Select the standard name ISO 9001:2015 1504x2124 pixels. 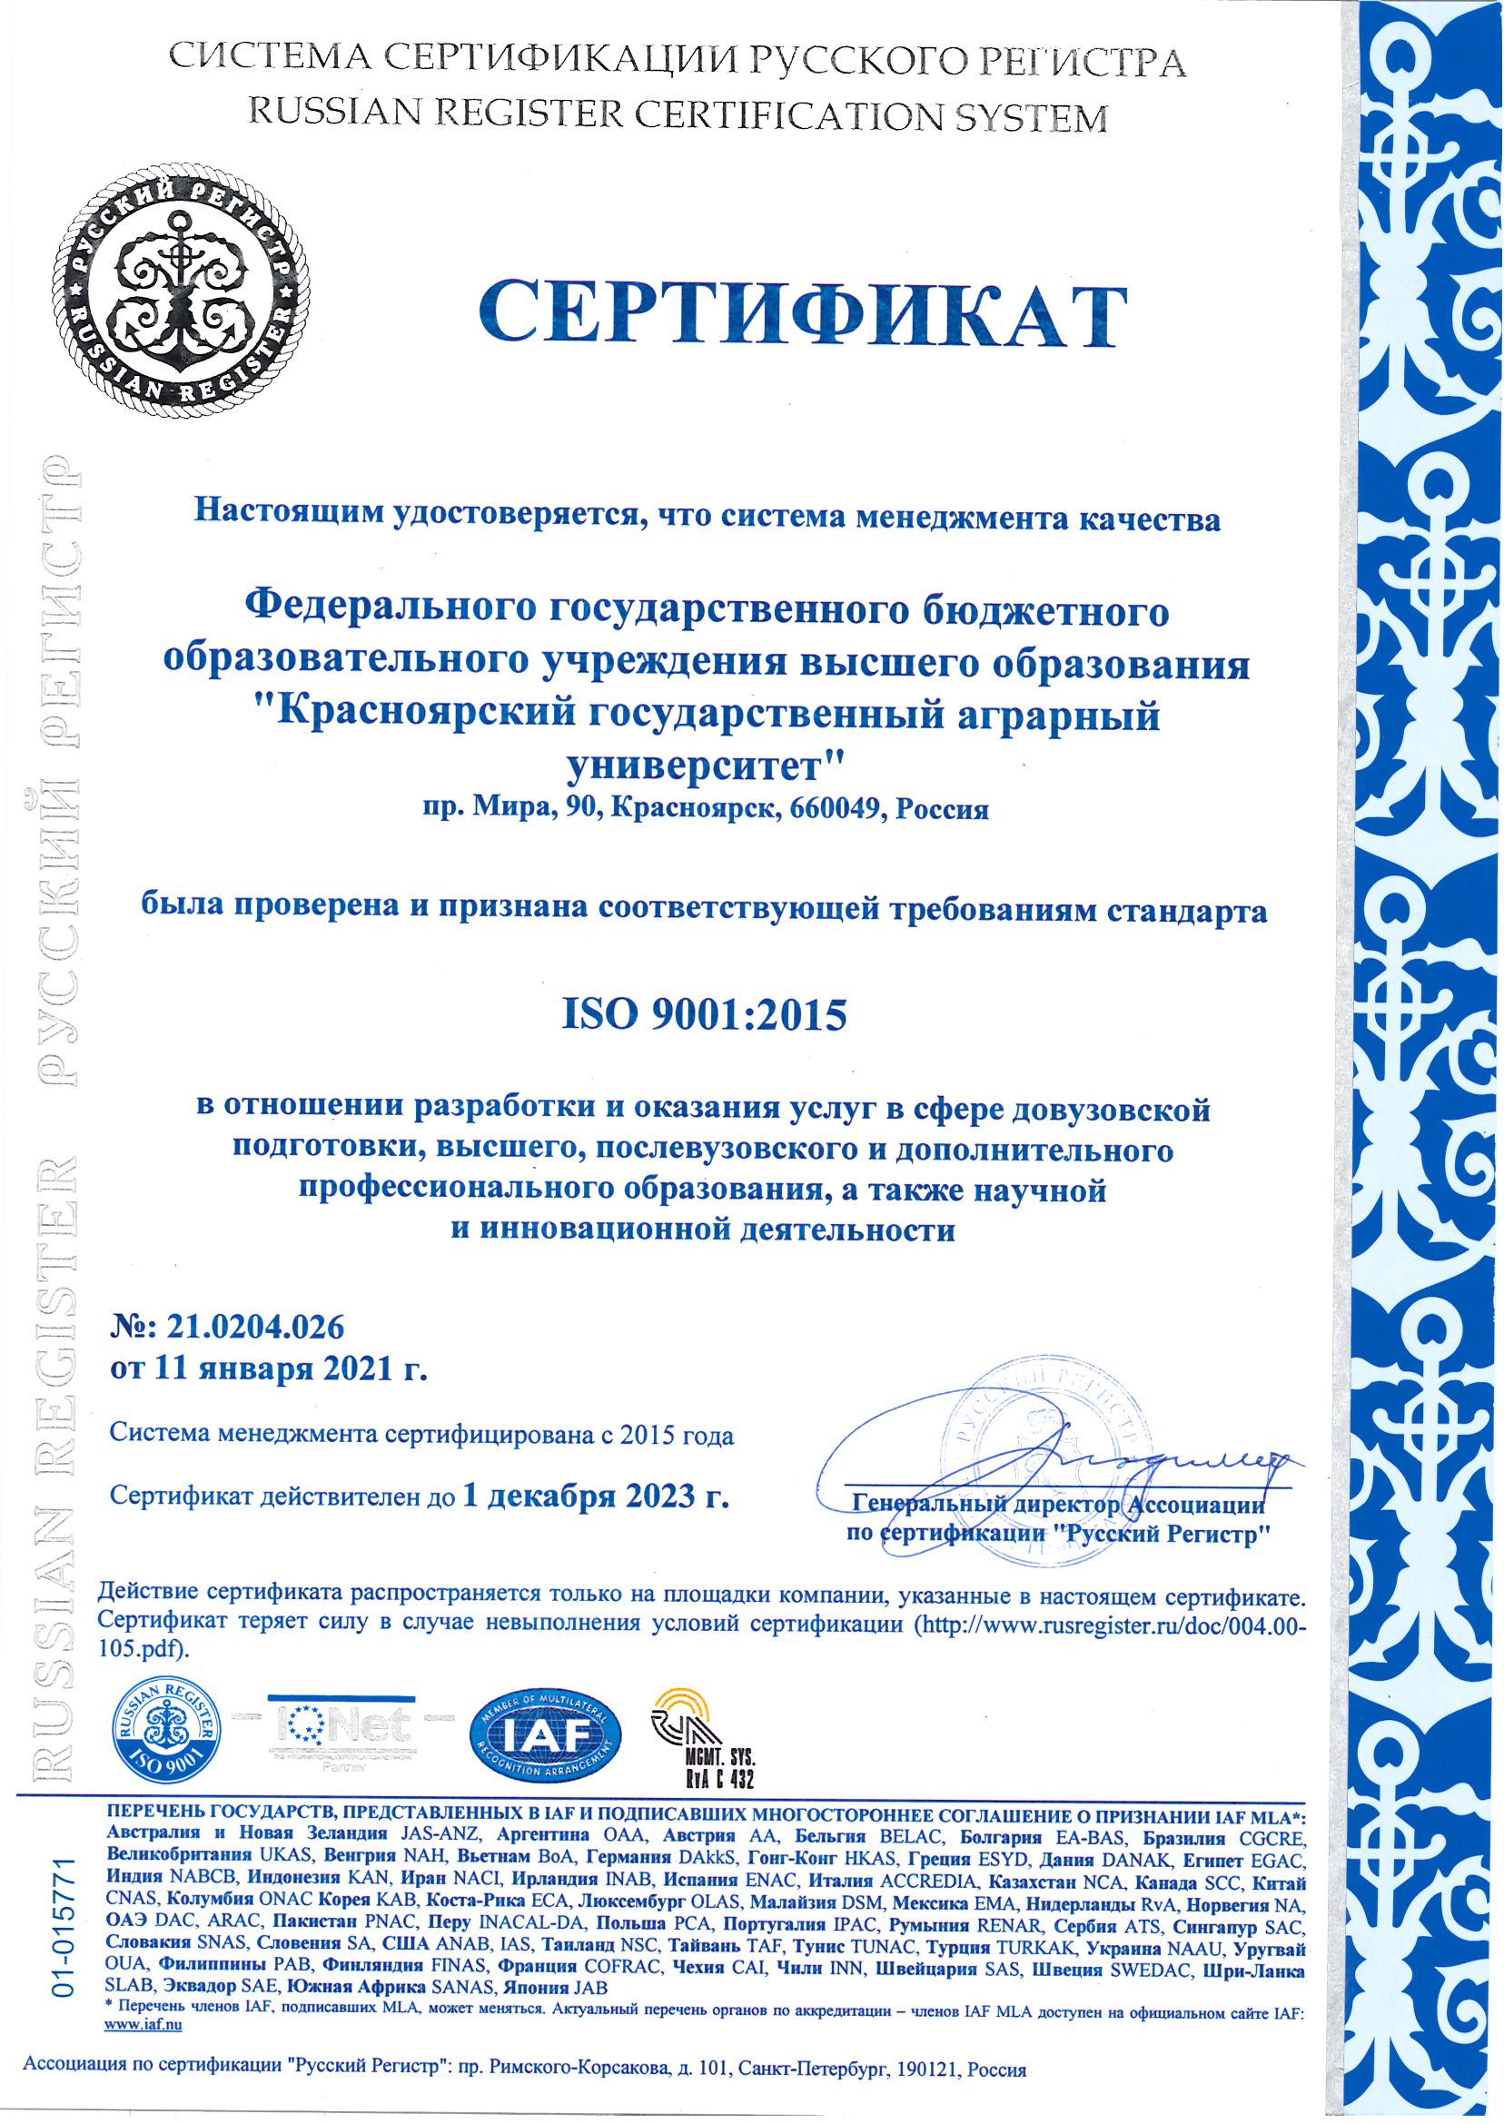[705, 1016]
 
